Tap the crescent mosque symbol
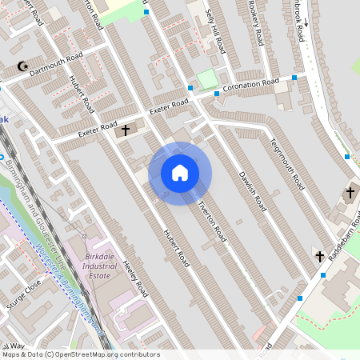point(22,67)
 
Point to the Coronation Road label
point(250,85)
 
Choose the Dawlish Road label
point(252,186)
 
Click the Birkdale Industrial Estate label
point(101,264)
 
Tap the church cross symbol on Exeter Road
point(126,129)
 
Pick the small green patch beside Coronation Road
point(207,79)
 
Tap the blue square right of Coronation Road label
point(294,78)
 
